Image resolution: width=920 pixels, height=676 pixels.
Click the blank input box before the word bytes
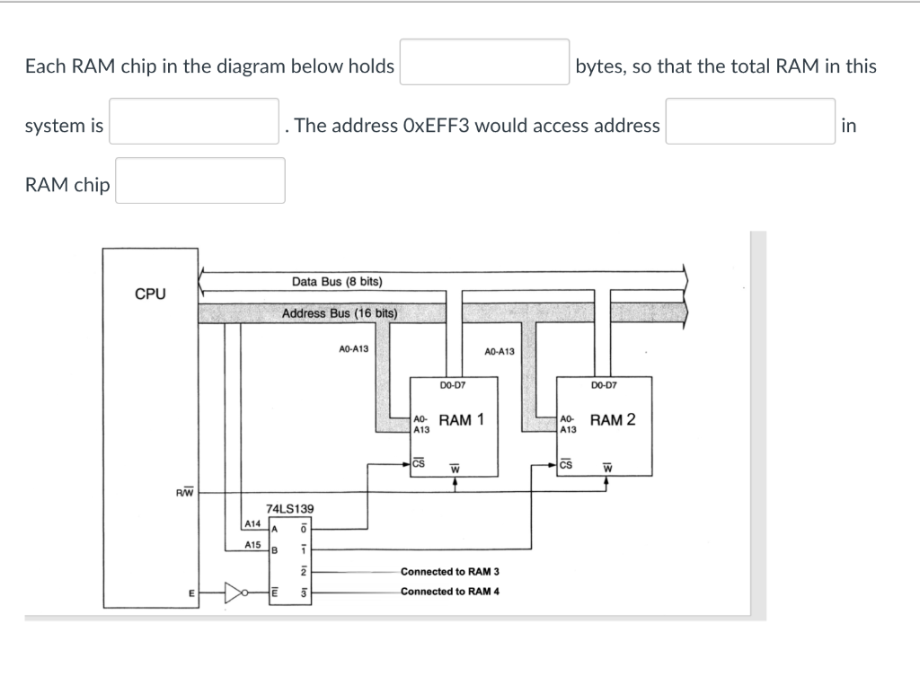484,62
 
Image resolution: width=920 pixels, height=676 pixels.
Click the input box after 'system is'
193,121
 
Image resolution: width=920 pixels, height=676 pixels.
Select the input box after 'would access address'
750,121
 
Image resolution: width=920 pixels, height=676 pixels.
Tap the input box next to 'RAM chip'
199,180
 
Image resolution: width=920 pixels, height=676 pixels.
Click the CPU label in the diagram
150,294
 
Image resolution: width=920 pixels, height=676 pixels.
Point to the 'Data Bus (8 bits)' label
337,282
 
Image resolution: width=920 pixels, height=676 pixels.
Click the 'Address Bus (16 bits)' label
339,313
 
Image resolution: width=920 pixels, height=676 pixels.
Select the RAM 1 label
462,420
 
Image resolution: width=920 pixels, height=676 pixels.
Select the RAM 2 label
613,420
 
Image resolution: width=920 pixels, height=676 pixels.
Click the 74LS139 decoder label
290,508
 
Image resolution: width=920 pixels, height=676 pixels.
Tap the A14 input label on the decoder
252,523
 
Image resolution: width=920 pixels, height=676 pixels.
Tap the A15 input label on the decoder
252,544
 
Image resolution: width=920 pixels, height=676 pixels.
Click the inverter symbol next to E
236,593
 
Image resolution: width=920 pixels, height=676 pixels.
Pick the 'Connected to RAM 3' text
449,572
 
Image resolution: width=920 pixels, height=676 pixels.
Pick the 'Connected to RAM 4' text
449,592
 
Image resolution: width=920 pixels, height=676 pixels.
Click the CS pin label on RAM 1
419,464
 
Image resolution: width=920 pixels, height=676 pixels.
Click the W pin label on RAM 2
607,468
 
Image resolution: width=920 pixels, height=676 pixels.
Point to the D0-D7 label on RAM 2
604,387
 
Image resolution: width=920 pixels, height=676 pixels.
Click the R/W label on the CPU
184,492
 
